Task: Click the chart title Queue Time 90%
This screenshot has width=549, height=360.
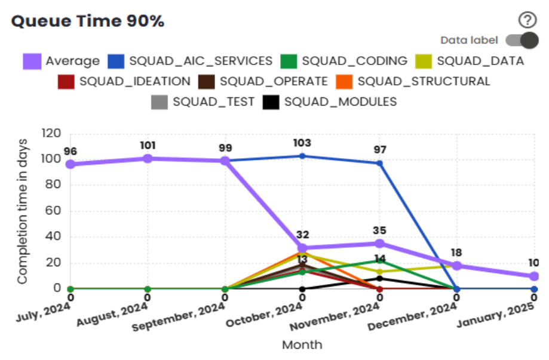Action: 88,21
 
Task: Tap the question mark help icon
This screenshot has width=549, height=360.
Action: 527,21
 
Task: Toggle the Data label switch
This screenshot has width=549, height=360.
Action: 522,41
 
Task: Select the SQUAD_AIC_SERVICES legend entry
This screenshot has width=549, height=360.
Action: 190,61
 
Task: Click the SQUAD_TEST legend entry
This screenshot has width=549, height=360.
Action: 203,102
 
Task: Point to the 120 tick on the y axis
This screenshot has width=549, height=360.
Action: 50,133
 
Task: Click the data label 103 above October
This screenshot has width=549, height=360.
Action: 302,143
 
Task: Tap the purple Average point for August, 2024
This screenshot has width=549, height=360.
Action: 148,158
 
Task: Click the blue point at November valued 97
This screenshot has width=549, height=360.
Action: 379,163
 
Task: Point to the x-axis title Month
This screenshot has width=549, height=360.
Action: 302,345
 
